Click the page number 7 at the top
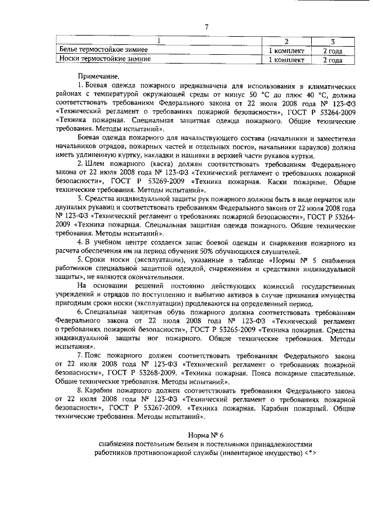(207, 26)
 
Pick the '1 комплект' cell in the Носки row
(286, 59)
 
